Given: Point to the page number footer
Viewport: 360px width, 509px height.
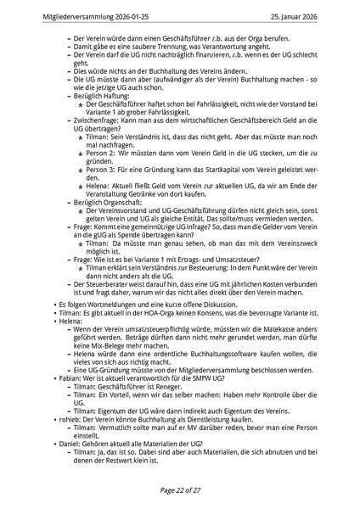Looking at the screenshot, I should coord(180,489).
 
